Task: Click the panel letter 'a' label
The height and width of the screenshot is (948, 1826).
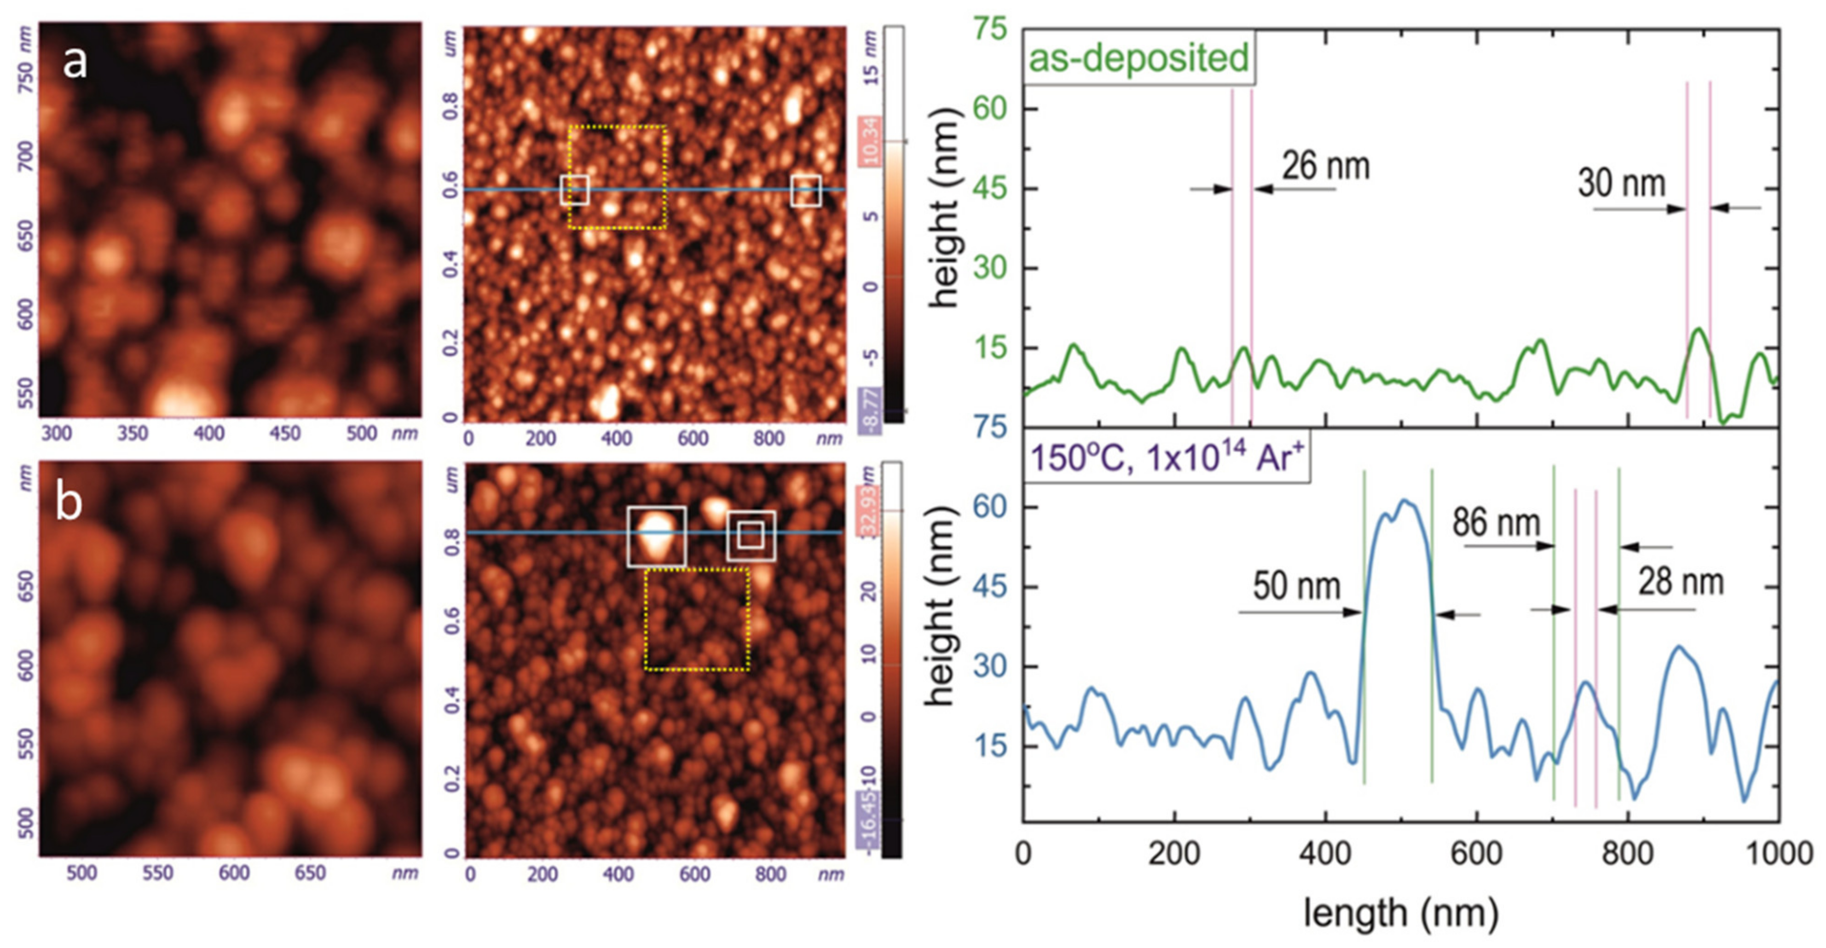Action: (75, 63)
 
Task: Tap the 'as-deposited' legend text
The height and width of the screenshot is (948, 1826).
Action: (1138, 57)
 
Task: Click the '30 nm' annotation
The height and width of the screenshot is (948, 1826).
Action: (1621, 183)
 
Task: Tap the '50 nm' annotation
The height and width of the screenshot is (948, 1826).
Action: (1296, 586)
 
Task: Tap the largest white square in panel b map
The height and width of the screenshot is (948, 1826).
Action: (656, 536)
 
